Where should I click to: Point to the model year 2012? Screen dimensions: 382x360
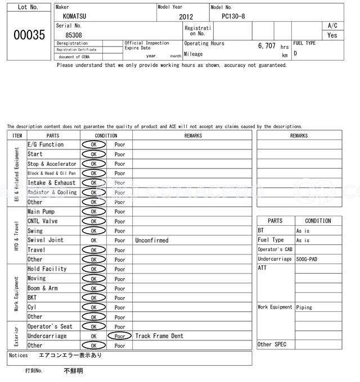pos(186,17)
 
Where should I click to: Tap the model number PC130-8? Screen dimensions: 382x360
pos(233,16)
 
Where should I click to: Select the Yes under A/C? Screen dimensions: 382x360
pos(332,35)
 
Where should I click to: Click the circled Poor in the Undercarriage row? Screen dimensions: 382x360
pos(120,336)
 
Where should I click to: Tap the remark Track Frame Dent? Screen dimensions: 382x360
pos(159,336)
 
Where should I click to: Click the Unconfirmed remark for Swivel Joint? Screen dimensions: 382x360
pos(151,240)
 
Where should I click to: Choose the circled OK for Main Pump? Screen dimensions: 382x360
pos(93,212)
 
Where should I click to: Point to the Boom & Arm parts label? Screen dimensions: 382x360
pos(43,288)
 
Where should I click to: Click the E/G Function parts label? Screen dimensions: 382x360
pos(46,144)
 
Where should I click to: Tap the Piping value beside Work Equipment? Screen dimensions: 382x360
pos(304,307)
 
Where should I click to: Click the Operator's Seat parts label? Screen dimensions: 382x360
pos(50,326)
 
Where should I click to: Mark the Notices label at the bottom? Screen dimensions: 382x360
pos(19,356)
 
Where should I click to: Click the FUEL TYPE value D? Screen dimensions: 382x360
pos(295,54)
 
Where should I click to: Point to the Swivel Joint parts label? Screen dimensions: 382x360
pos(46,240)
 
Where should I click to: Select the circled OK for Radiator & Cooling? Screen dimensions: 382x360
pos(93,192)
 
